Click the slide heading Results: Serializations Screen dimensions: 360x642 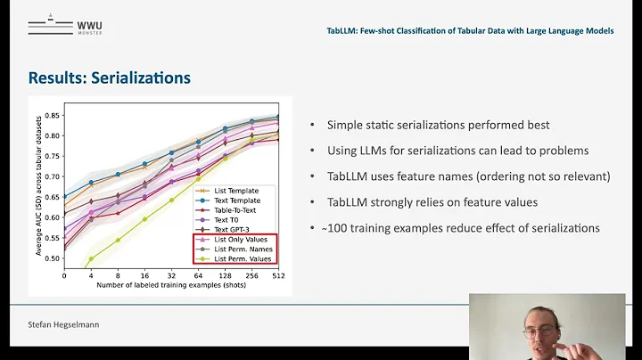click(109, 78)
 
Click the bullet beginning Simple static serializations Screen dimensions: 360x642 click(437, 125)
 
